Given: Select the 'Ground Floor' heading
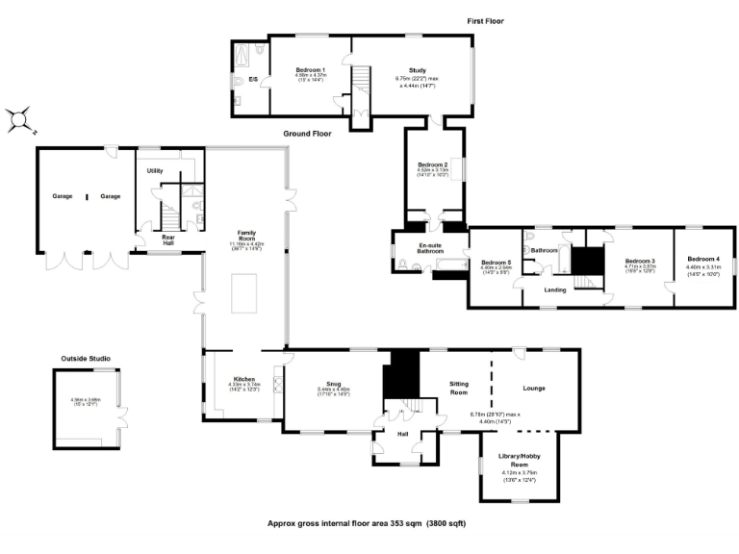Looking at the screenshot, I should (307, 134).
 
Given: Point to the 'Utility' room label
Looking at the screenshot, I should (155, 170).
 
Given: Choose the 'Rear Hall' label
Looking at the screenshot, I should (167, 239).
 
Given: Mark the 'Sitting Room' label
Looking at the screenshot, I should (459, 388).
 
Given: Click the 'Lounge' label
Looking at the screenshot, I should (534, 389).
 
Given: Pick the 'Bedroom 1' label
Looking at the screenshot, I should (310, 70).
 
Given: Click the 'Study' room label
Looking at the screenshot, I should (417, 70).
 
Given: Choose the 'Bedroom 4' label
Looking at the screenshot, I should (702, 259).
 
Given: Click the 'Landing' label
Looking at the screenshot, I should (554, 290).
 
